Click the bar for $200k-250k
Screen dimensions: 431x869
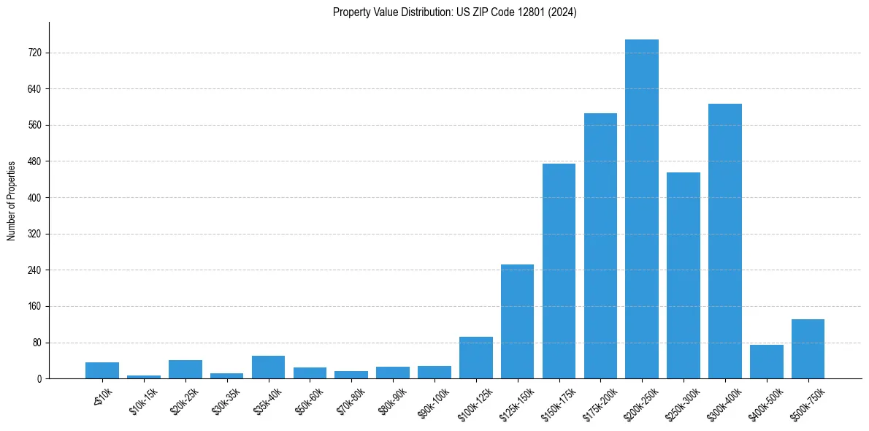(x=642, y=209)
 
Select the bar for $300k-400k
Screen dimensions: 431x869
(x=725, y=241)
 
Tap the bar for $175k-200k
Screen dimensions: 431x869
(x=600, y=245)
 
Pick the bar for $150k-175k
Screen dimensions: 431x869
(x=559, y=271)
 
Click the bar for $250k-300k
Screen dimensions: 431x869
(x=684, y=275)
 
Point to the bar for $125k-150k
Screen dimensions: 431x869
(x=517, y=321)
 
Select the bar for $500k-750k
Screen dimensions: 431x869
(x=808, y=348)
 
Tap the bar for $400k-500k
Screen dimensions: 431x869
(x=767, y=362)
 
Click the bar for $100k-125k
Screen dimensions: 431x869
(x=475, y=357)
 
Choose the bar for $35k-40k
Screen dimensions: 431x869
(x=268, y=367)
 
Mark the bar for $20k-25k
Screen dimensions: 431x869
(x=185, y=369)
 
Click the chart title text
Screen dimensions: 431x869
(x=454, y=12)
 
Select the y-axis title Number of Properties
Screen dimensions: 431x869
(x=12, y=201)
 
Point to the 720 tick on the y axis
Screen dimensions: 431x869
(x=34, y=53)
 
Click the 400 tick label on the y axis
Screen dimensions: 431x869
(x=34, y=198)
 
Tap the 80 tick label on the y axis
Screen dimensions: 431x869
(x=36, y=343)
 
